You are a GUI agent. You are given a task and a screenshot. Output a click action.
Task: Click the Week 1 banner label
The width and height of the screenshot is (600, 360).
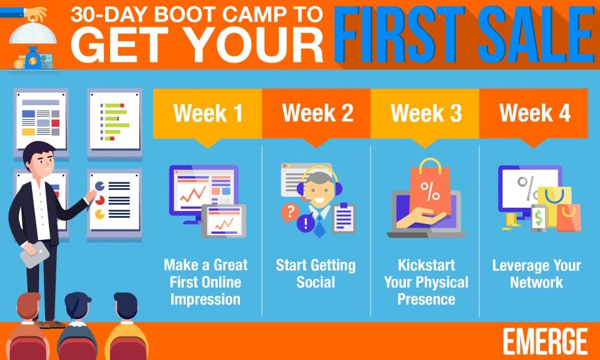click(x=208, y=113)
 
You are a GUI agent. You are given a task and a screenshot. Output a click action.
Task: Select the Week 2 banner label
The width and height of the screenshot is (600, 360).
click(x=317, y=113)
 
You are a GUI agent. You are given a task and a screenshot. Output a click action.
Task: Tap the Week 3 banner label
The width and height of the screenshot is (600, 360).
click(x=426, y=113)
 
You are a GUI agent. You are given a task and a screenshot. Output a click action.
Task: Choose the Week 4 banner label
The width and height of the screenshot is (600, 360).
click(x=534, y=113)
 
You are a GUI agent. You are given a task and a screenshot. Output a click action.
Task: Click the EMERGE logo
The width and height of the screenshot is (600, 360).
click(x=545, y=341)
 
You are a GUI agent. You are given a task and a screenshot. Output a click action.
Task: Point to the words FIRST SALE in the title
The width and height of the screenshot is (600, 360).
click(x=465, y=35)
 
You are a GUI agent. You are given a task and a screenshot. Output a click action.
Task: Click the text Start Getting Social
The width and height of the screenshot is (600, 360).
click(x=315, y=273)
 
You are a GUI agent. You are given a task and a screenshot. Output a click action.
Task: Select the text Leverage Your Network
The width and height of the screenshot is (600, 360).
click(x=536, y=273)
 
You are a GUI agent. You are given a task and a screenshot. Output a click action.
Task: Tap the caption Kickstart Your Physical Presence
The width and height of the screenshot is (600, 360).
click(x=426, y=282)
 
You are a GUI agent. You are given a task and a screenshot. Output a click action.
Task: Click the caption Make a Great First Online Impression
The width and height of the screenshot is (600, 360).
click(x=205, y=282)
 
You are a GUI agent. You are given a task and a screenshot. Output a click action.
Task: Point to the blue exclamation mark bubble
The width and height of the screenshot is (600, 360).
click(x=306, y=224)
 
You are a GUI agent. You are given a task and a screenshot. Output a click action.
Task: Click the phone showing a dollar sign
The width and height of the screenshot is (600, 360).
click(x=538, y=218)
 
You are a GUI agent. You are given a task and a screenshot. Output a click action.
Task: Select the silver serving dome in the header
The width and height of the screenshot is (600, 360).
click(x=33, y=33)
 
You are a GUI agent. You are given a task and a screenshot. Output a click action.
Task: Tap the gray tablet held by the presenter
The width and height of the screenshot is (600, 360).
click(x=35, y=254)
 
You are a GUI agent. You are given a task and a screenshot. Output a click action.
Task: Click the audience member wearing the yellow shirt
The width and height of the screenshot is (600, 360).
click(x=126, y=325)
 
